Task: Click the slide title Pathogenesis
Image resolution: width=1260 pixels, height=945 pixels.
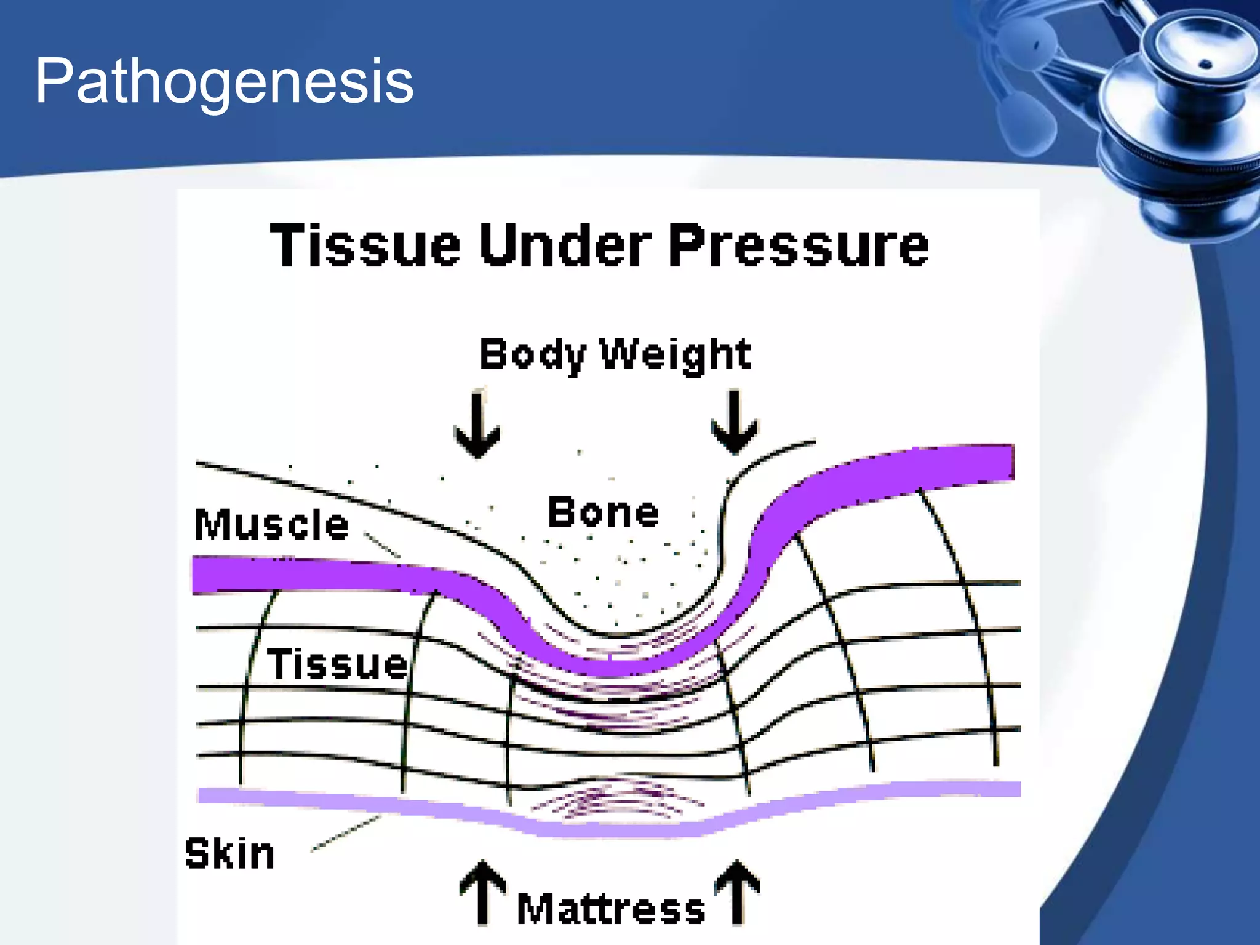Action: click(224, 81)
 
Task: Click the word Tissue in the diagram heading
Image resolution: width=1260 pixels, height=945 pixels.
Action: click(365, 245)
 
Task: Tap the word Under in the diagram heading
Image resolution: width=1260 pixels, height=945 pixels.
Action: click(565, 245)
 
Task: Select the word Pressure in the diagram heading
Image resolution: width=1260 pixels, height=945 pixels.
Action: click(798, 245)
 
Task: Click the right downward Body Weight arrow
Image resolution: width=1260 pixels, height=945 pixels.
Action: click(734, 422)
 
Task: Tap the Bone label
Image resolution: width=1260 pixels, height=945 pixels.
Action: click(603, 512)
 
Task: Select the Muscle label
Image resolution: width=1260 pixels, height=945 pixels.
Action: click(271, 524)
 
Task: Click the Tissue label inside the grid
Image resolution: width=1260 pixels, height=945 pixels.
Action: click(337, 664)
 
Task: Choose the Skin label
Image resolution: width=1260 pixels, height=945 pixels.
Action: click(229, 854)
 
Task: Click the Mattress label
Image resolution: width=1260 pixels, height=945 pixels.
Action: click(611, 909)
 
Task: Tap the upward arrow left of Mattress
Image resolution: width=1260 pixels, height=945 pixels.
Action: click(483, 892)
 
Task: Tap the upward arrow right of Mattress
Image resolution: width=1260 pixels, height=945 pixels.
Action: click(737, 892)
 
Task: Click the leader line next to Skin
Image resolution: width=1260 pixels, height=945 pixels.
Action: click(346, 833)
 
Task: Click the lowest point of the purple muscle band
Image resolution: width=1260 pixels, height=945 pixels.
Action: click(609, 668)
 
